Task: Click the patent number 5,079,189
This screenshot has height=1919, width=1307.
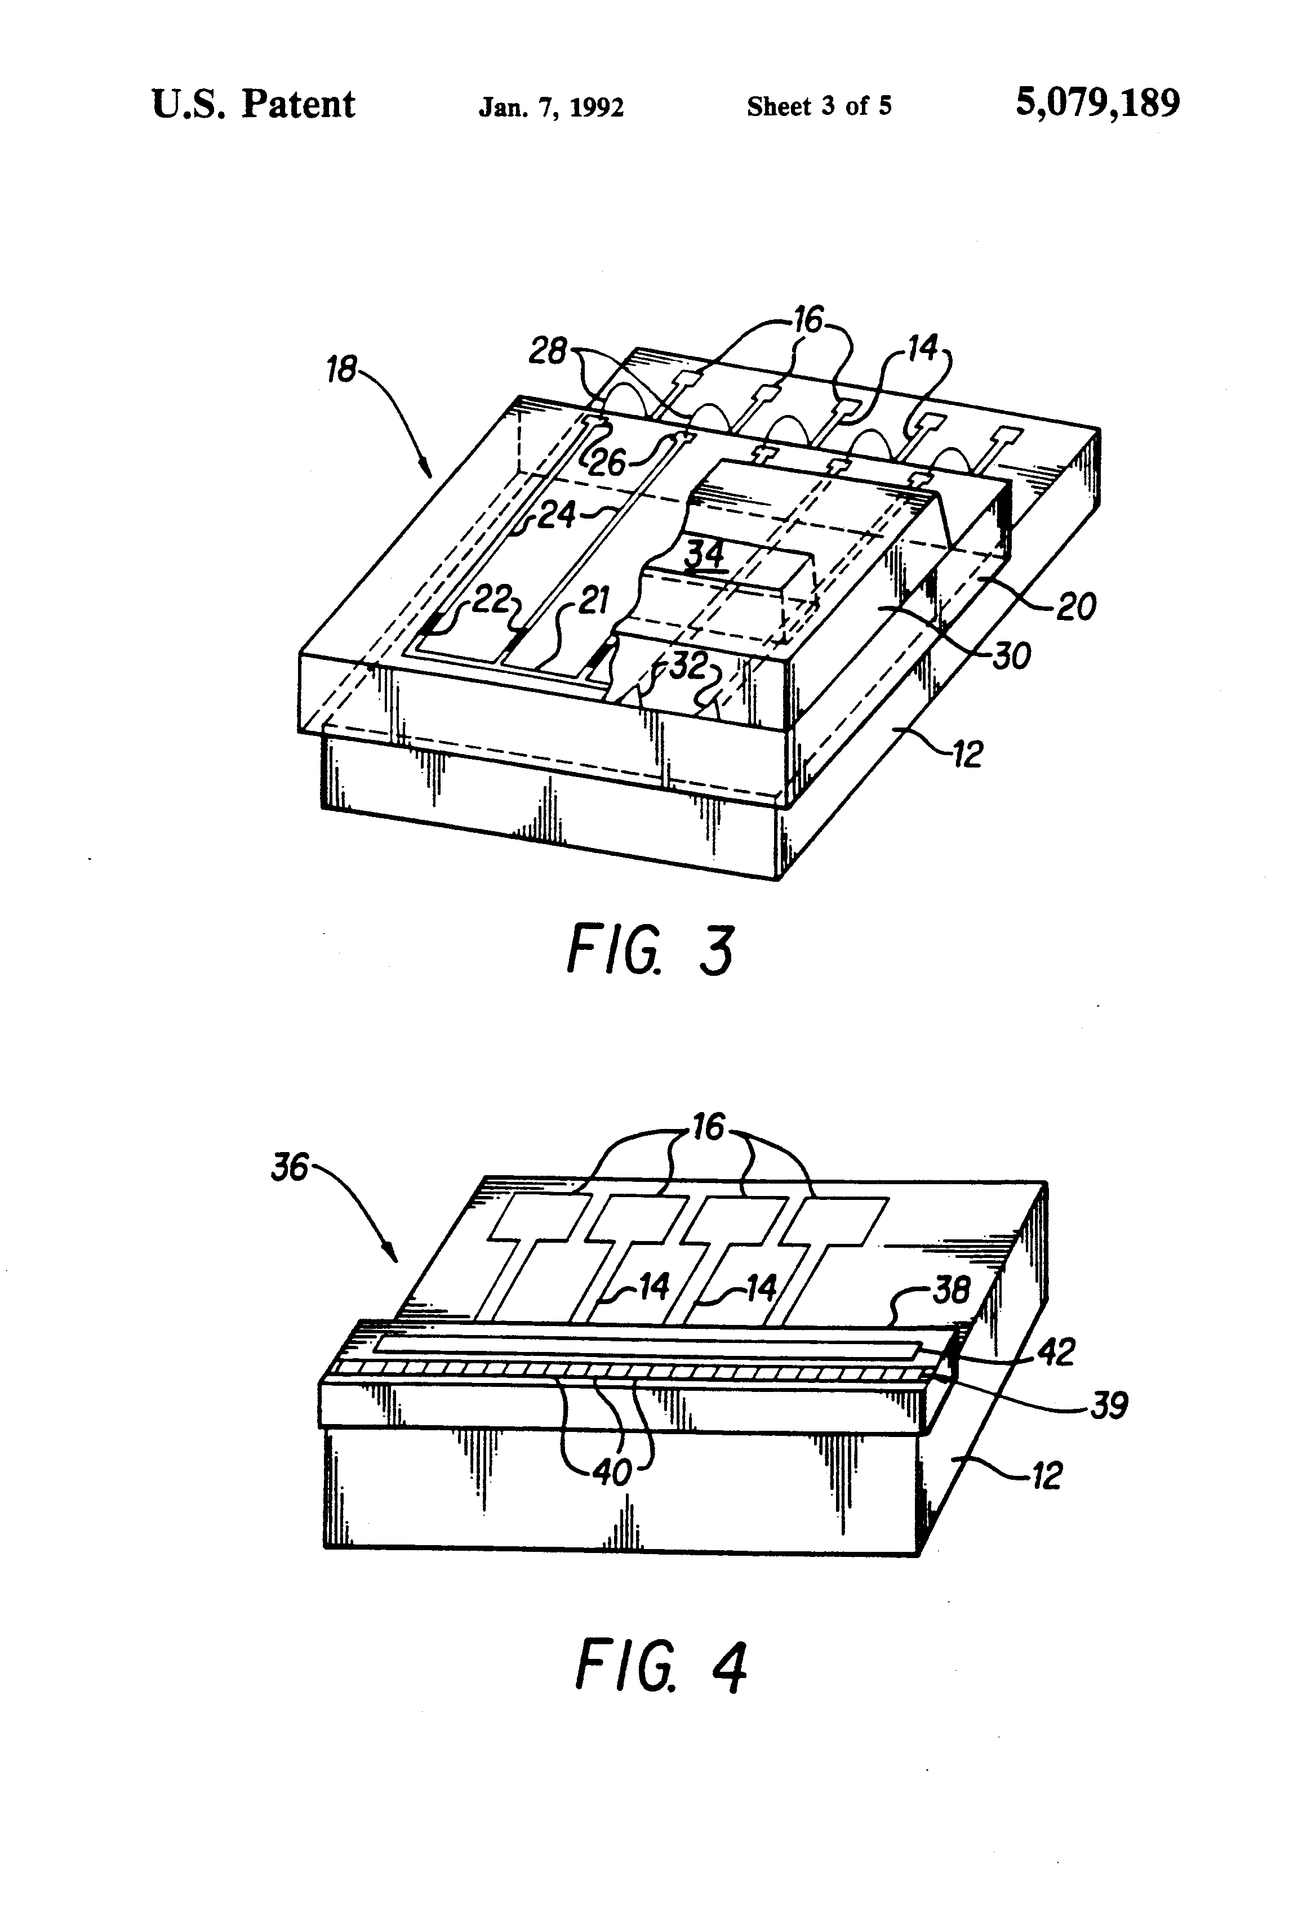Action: coord(1097,104)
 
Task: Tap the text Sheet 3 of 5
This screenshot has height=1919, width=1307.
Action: coord(819,106)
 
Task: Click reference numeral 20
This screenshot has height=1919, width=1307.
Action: coord(1075,607)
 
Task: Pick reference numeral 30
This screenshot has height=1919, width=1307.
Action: coord(1011,657)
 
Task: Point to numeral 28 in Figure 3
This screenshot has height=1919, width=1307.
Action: coord(548,352)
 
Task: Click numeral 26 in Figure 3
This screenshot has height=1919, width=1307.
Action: coord(607,462)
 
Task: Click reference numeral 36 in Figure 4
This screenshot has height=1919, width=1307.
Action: coord(289,1169)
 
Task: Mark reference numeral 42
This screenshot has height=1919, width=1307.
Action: coord(1055,1352)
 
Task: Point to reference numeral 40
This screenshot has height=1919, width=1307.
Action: coord(612,1471)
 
